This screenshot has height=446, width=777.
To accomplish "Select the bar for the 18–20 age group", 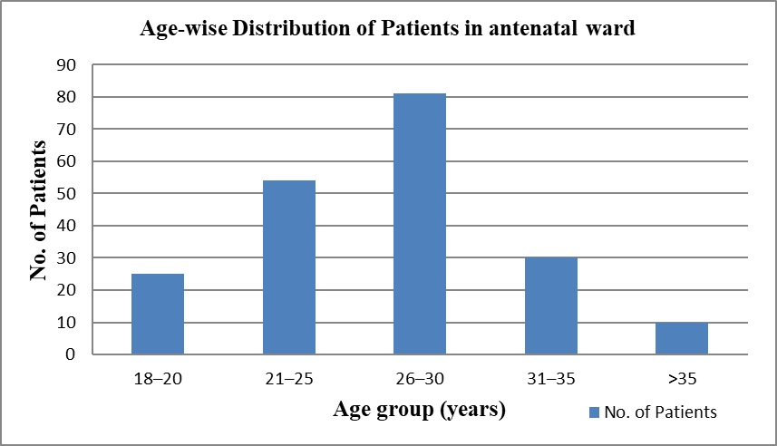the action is [x=158, y=314].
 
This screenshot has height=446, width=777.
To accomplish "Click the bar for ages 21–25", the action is [x=289, y=267].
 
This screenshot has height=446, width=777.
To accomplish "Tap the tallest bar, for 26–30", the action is [x=420, y=224].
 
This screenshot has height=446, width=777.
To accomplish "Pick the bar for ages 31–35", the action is [x=551, y=305].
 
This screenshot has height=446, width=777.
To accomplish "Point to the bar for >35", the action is [x=682, y=338].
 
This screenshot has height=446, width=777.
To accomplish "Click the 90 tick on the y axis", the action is [x=66, y=65].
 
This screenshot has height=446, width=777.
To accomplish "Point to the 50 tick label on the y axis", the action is [x=66, y=194].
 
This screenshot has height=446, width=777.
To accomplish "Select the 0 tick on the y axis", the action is [x=71, y=354].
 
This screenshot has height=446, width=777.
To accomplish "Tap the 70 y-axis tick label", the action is [x=66, y=130].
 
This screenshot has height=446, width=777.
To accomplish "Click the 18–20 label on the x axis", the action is [x=158, y=379].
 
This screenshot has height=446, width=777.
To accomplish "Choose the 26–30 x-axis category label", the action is [x=420, y=379].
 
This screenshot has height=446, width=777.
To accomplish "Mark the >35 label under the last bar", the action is [x=683, y=379].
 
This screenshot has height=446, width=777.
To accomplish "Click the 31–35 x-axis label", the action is [x=551, y=379].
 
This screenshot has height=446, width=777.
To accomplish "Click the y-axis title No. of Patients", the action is [x=38, y=210].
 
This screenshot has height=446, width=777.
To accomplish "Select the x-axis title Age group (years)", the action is [x=419, y=410].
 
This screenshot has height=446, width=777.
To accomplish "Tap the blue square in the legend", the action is [x=594, y=412].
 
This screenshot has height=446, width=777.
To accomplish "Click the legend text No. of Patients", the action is [x=661, y=412].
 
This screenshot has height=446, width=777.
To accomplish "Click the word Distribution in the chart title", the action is [x=294, y=28].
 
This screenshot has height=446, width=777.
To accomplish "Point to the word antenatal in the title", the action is [x=533, y=28].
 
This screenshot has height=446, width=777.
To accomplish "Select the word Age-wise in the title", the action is [x=183, y=29].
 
